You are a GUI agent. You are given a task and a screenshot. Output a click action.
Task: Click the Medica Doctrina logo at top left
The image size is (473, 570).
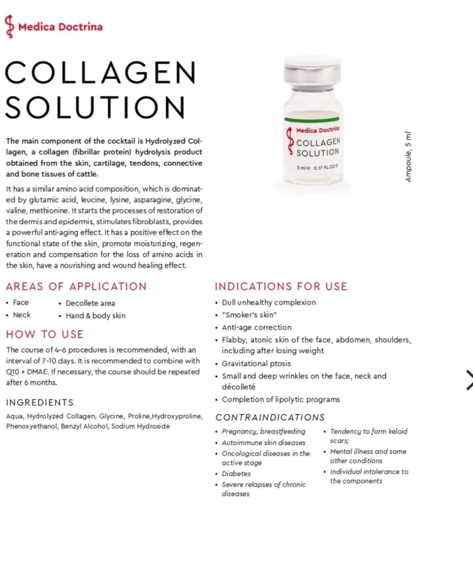[53, 27]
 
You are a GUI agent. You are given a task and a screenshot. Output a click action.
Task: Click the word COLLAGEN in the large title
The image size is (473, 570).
[100, 73]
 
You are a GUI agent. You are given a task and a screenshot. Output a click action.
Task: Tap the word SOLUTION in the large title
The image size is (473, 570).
[95, 107]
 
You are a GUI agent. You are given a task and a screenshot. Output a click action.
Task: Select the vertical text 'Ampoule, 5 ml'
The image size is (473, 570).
[409, 156]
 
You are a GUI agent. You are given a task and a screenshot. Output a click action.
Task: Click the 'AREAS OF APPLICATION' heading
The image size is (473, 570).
[76, 286]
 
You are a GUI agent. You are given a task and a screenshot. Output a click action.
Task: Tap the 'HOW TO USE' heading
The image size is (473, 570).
[45, 334]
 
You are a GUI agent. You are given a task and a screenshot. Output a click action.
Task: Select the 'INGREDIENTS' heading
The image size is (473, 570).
[40, 402]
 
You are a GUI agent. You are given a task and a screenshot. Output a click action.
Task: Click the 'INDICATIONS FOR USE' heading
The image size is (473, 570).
[281, 286]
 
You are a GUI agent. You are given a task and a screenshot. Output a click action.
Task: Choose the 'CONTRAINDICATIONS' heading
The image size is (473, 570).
[270, 418]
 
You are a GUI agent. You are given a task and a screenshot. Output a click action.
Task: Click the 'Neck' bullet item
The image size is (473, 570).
[21, 315]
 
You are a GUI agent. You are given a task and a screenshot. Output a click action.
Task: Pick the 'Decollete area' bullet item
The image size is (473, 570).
[90, 303]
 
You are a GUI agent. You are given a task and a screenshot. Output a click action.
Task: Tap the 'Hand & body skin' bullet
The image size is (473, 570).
[95, 315]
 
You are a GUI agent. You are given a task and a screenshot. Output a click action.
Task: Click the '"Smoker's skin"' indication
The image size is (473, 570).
[249, 315]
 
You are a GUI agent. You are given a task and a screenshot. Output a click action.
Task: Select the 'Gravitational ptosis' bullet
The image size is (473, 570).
[256, 363]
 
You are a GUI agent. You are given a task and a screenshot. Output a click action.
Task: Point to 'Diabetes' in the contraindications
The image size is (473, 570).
[236, 474]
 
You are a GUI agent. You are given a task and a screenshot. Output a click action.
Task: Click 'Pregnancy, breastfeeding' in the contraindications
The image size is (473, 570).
[263, 432]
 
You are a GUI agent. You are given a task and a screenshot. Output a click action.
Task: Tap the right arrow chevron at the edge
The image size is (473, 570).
[468, 380]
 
